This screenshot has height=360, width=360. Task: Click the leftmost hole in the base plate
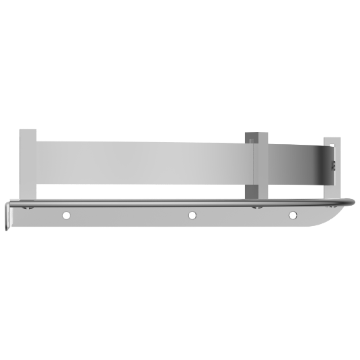pos(66,215)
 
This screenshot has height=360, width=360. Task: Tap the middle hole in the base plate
pos(192,215)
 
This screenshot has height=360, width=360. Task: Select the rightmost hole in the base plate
pos(293,215)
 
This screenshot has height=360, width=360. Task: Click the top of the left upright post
pos(28,131)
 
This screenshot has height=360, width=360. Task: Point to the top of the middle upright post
pos(256,131)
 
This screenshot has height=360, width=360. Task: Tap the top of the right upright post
pos(332,139)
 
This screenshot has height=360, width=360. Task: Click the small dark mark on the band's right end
pos(332,165)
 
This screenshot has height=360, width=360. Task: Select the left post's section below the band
pos(28,192)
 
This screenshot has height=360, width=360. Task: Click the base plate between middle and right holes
pos(242,217)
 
